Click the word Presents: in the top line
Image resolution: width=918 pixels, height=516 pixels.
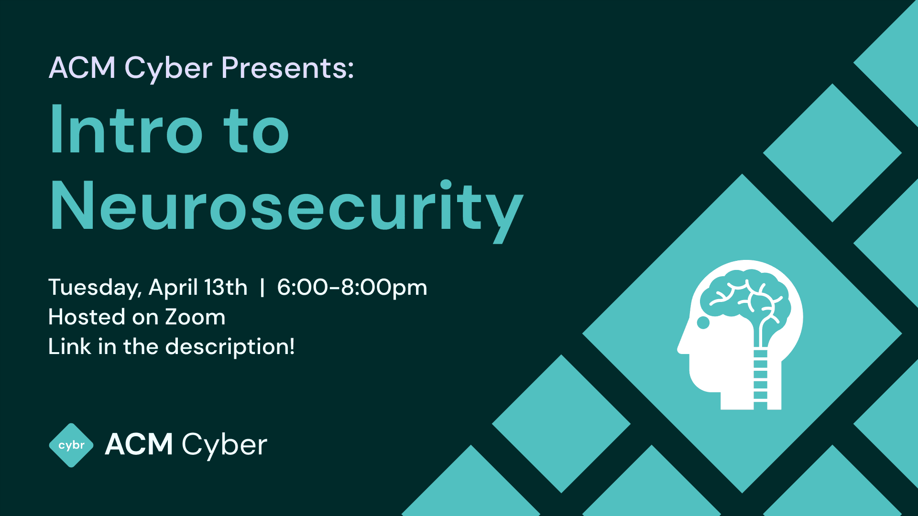(287, 68)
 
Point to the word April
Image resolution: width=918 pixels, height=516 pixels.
(173, 288)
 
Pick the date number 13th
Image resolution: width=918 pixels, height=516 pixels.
(225, 287)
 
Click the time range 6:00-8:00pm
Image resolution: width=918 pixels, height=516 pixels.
(352, 288)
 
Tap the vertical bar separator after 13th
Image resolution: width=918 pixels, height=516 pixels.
(262, 288)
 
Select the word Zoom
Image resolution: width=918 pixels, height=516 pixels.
(195, 317)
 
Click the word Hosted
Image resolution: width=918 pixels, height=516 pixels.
(87, 317)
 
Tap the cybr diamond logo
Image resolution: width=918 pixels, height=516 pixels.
(71, 445)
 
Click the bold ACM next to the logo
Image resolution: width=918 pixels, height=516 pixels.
(139, 445)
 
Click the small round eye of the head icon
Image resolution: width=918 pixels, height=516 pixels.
(703, 323)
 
